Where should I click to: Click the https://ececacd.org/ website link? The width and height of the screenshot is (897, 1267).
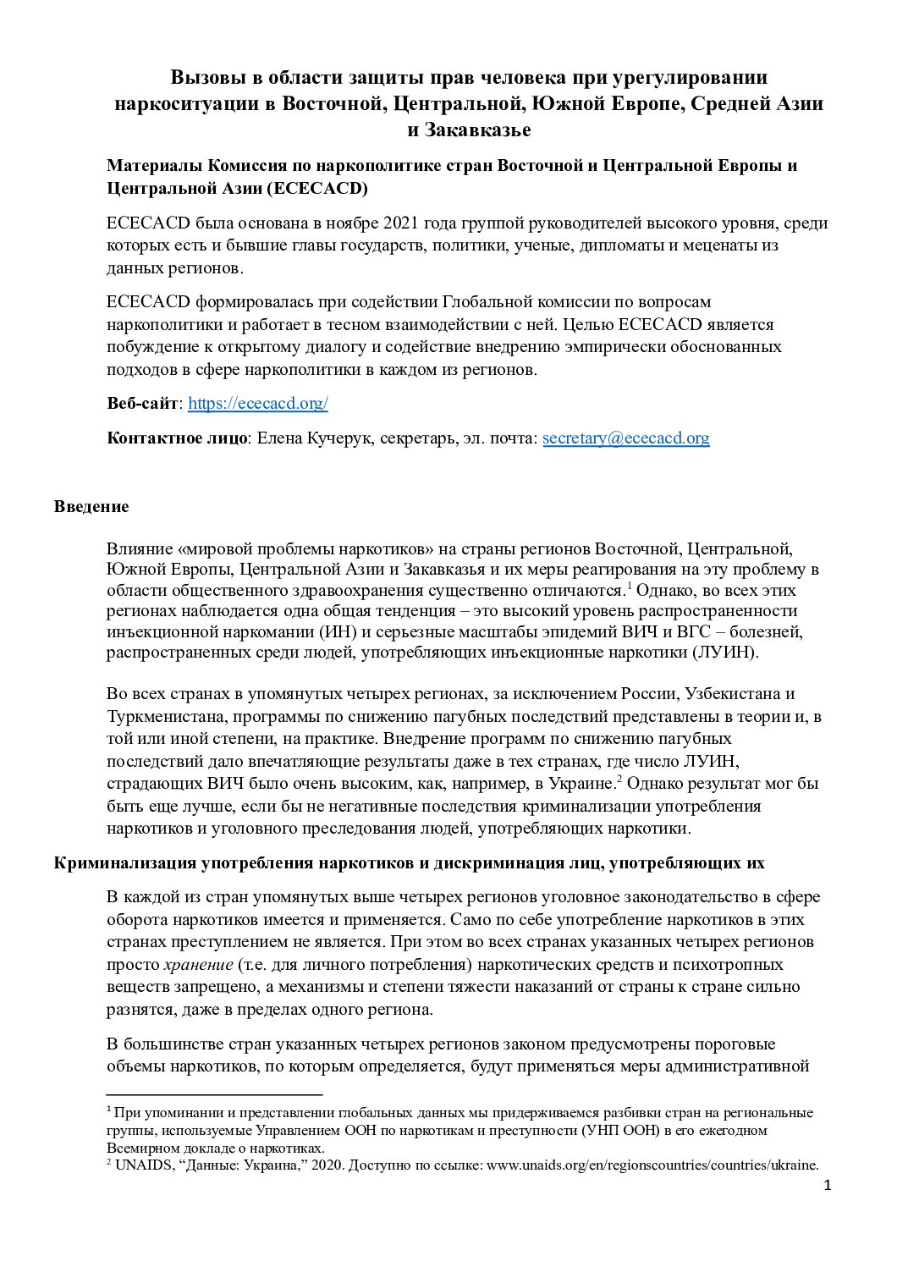pyautogui.click(x=257, y=404)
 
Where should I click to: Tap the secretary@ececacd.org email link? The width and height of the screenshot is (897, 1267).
pyautogui.click(x=625, y=438)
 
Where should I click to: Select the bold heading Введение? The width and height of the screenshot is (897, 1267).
pyautogui.click(x=91, y=506)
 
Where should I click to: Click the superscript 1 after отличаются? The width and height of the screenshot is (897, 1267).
pyautogui.click(x=630, y=585)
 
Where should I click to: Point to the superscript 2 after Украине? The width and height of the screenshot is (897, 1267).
pyautogui.click(x=619, y=778)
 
